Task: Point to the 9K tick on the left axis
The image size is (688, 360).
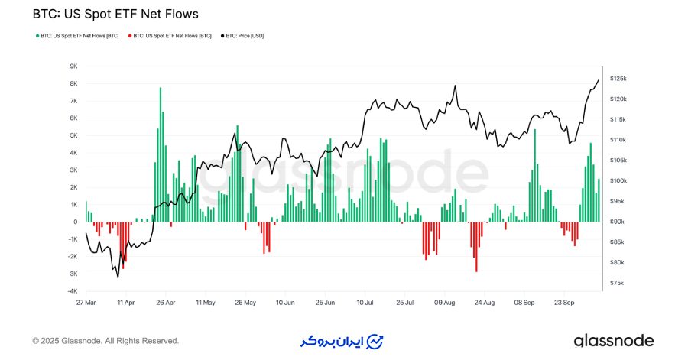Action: [73, 66]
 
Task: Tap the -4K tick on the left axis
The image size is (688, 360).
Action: [72, 291]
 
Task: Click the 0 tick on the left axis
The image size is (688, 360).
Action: [75, 222]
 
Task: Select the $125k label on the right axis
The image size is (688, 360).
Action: [618, 79]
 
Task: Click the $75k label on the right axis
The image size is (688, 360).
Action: [618, 283]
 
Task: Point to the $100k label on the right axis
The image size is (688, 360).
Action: [618, 181]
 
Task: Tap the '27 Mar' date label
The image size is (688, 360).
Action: [86, 302]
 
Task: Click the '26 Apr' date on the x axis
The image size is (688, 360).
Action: [166, 302]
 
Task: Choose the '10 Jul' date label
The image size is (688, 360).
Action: [365, 302]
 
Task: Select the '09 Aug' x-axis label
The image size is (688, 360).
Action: [444, 302]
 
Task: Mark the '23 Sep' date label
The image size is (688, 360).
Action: [563, 302]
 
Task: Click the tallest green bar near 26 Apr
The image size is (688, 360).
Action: [161, 153]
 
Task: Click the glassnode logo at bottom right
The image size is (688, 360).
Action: [614, 340]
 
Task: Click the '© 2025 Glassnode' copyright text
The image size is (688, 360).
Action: [105, 341]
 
